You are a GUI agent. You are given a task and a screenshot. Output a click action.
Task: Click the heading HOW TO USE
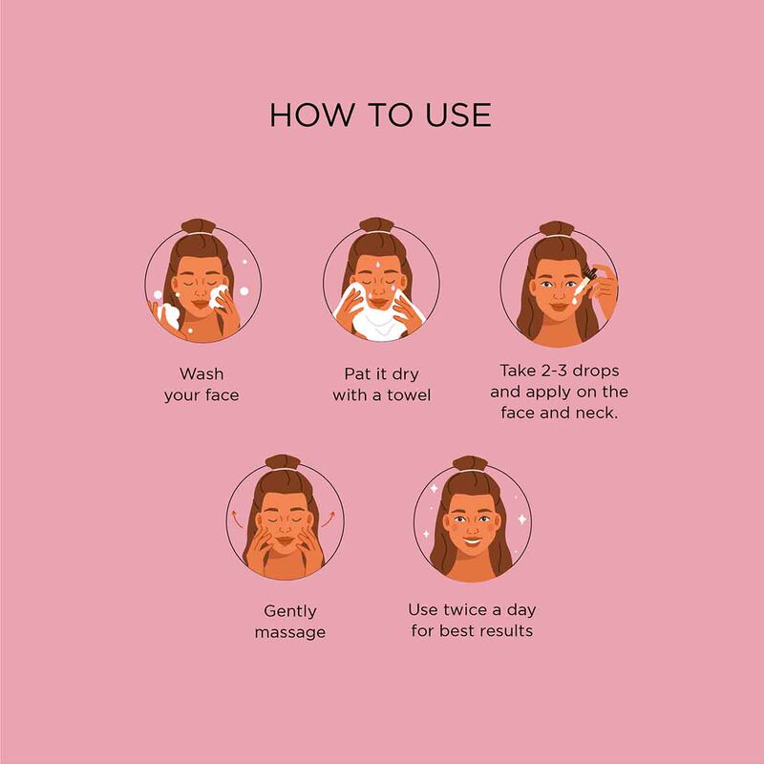click(380, 115)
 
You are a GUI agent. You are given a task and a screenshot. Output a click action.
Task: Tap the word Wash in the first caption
click(202, 373)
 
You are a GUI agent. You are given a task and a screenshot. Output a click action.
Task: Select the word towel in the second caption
click(409, 395)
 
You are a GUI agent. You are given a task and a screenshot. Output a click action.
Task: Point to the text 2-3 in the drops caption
click(554, 371)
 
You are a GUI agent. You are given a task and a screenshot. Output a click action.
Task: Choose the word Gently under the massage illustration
click(290, 611)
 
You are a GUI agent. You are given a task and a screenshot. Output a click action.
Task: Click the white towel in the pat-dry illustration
click(380, 318)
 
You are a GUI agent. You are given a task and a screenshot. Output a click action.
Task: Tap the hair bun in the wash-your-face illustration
click(199, 226)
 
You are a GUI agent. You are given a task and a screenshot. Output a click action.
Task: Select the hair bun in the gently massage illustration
click(282, 462)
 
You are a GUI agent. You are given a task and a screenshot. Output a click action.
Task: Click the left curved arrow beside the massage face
click(237, 520)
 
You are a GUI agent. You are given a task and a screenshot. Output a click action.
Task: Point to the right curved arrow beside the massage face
click(329, 520)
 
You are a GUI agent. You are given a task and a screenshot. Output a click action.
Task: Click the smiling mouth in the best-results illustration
click(473, 541)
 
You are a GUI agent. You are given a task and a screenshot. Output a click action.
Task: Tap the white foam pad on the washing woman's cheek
click(218, 297)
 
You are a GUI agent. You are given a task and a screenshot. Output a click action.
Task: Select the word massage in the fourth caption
click(290, 632)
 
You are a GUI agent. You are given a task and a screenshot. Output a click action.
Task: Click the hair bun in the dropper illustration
click(557, 228)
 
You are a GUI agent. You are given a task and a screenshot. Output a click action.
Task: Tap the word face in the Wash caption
click(222, 395)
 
